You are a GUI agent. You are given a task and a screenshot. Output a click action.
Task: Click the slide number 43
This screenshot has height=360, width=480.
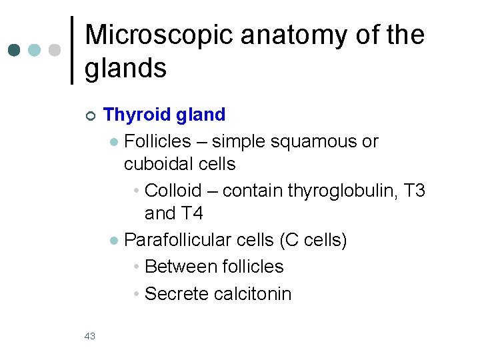90,336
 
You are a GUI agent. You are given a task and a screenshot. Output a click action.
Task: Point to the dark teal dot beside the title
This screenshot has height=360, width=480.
14,50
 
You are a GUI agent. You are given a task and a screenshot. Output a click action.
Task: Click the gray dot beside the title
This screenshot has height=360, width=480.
55,50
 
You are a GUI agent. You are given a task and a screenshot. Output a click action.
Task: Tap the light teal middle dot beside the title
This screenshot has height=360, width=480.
35,50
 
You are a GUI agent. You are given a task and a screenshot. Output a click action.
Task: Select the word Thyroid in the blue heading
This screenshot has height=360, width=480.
135,115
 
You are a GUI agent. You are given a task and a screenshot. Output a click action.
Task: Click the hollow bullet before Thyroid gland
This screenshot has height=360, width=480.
91,116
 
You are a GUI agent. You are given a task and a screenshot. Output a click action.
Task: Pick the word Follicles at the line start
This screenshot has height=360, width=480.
157,141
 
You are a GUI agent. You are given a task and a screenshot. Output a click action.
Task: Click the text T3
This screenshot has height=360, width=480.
414,191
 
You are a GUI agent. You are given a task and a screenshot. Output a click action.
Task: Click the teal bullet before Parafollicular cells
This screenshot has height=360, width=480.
114,241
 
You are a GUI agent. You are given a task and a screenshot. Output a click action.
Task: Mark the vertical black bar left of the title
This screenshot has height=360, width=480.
72,50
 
